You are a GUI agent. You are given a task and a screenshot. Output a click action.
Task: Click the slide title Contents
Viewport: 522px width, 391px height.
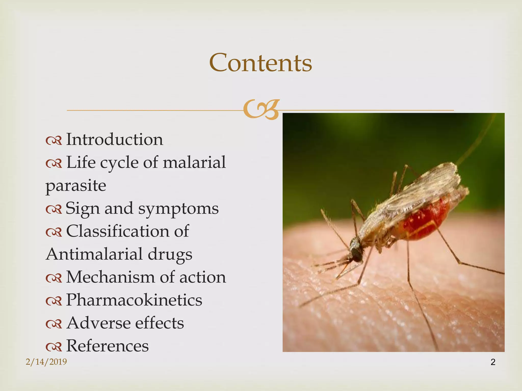[x=260, y=63]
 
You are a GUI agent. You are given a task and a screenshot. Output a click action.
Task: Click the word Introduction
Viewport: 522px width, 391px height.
[x=114, y=139]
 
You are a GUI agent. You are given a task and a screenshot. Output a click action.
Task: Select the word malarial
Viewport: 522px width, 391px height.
[x=194, y=162]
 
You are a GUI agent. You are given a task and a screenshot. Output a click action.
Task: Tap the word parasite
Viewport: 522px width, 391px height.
[x=76, y=186]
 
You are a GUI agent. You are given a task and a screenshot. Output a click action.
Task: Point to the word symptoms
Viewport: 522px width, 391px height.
[x=178, y=208]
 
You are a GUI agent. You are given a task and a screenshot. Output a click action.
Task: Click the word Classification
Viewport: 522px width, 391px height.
[x=118, y=231]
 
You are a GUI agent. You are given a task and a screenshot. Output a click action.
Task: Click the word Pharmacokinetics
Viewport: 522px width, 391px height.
[x=134, y=300]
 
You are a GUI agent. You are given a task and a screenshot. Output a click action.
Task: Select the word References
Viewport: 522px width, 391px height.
[x=107, y=346]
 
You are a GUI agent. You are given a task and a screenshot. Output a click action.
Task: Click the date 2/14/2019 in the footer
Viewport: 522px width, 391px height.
[x=46, y=362]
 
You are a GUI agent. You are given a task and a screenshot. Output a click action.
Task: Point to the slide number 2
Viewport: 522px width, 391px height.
[x=493, y=362]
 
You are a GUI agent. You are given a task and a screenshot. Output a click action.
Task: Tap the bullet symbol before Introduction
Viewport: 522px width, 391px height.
[x=54, y=141]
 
